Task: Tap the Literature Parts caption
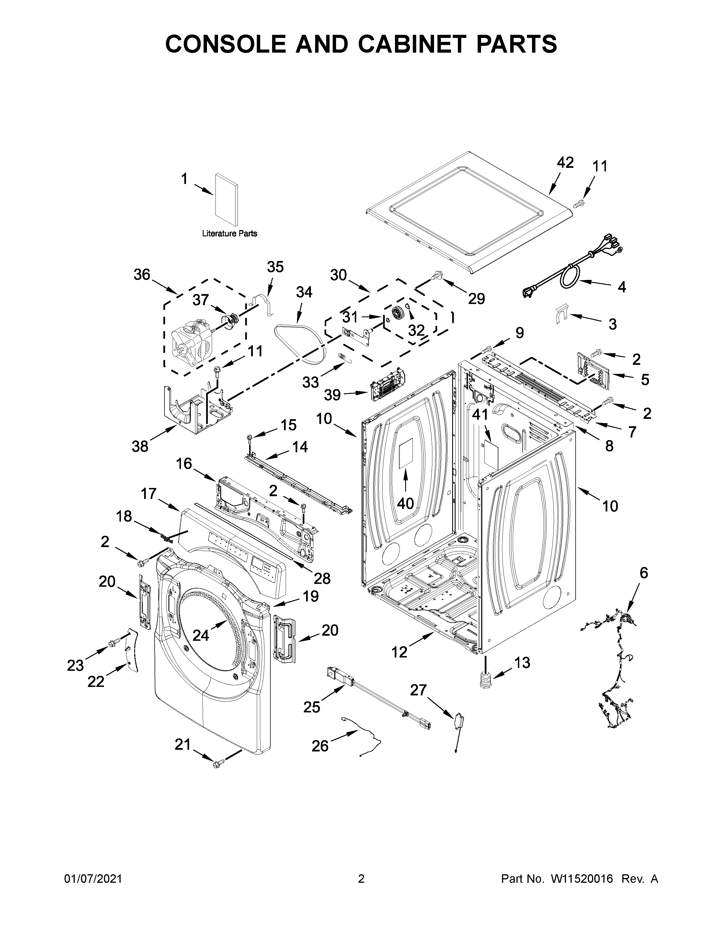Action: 229,233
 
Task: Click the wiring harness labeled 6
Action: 616,680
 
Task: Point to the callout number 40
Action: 405,503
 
